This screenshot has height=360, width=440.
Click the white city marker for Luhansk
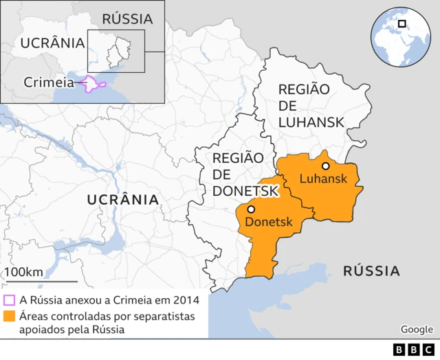coord(325,166)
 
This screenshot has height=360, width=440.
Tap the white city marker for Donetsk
coord(251,209)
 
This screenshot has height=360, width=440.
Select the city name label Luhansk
coord(322,179)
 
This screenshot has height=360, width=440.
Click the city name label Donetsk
coord(269,222)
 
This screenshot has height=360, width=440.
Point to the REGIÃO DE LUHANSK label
coord(311,106)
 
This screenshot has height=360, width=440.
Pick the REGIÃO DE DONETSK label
coord(238,174)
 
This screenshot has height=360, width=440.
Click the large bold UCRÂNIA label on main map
coord(123,199)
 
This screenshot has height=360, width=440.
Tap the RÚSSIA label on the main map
coord(371,271)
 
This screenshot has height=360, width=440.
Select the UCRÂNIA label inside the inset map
coord(52,43)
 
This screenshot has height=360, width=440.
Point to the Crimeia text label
coord(48,82)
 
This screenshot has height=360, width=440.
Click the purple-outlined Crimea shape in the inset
coord(92,85)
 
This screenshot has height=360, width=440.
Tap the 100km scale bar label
coord(24,271)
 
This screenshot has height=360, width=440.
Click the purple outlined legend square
coord(9,300)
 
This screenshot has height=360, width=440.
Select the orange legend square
coord(9,317)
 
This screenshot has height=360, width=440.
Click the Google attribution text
coord(417,329)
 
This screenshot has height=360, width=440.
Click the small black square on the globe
coord(402,24)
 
